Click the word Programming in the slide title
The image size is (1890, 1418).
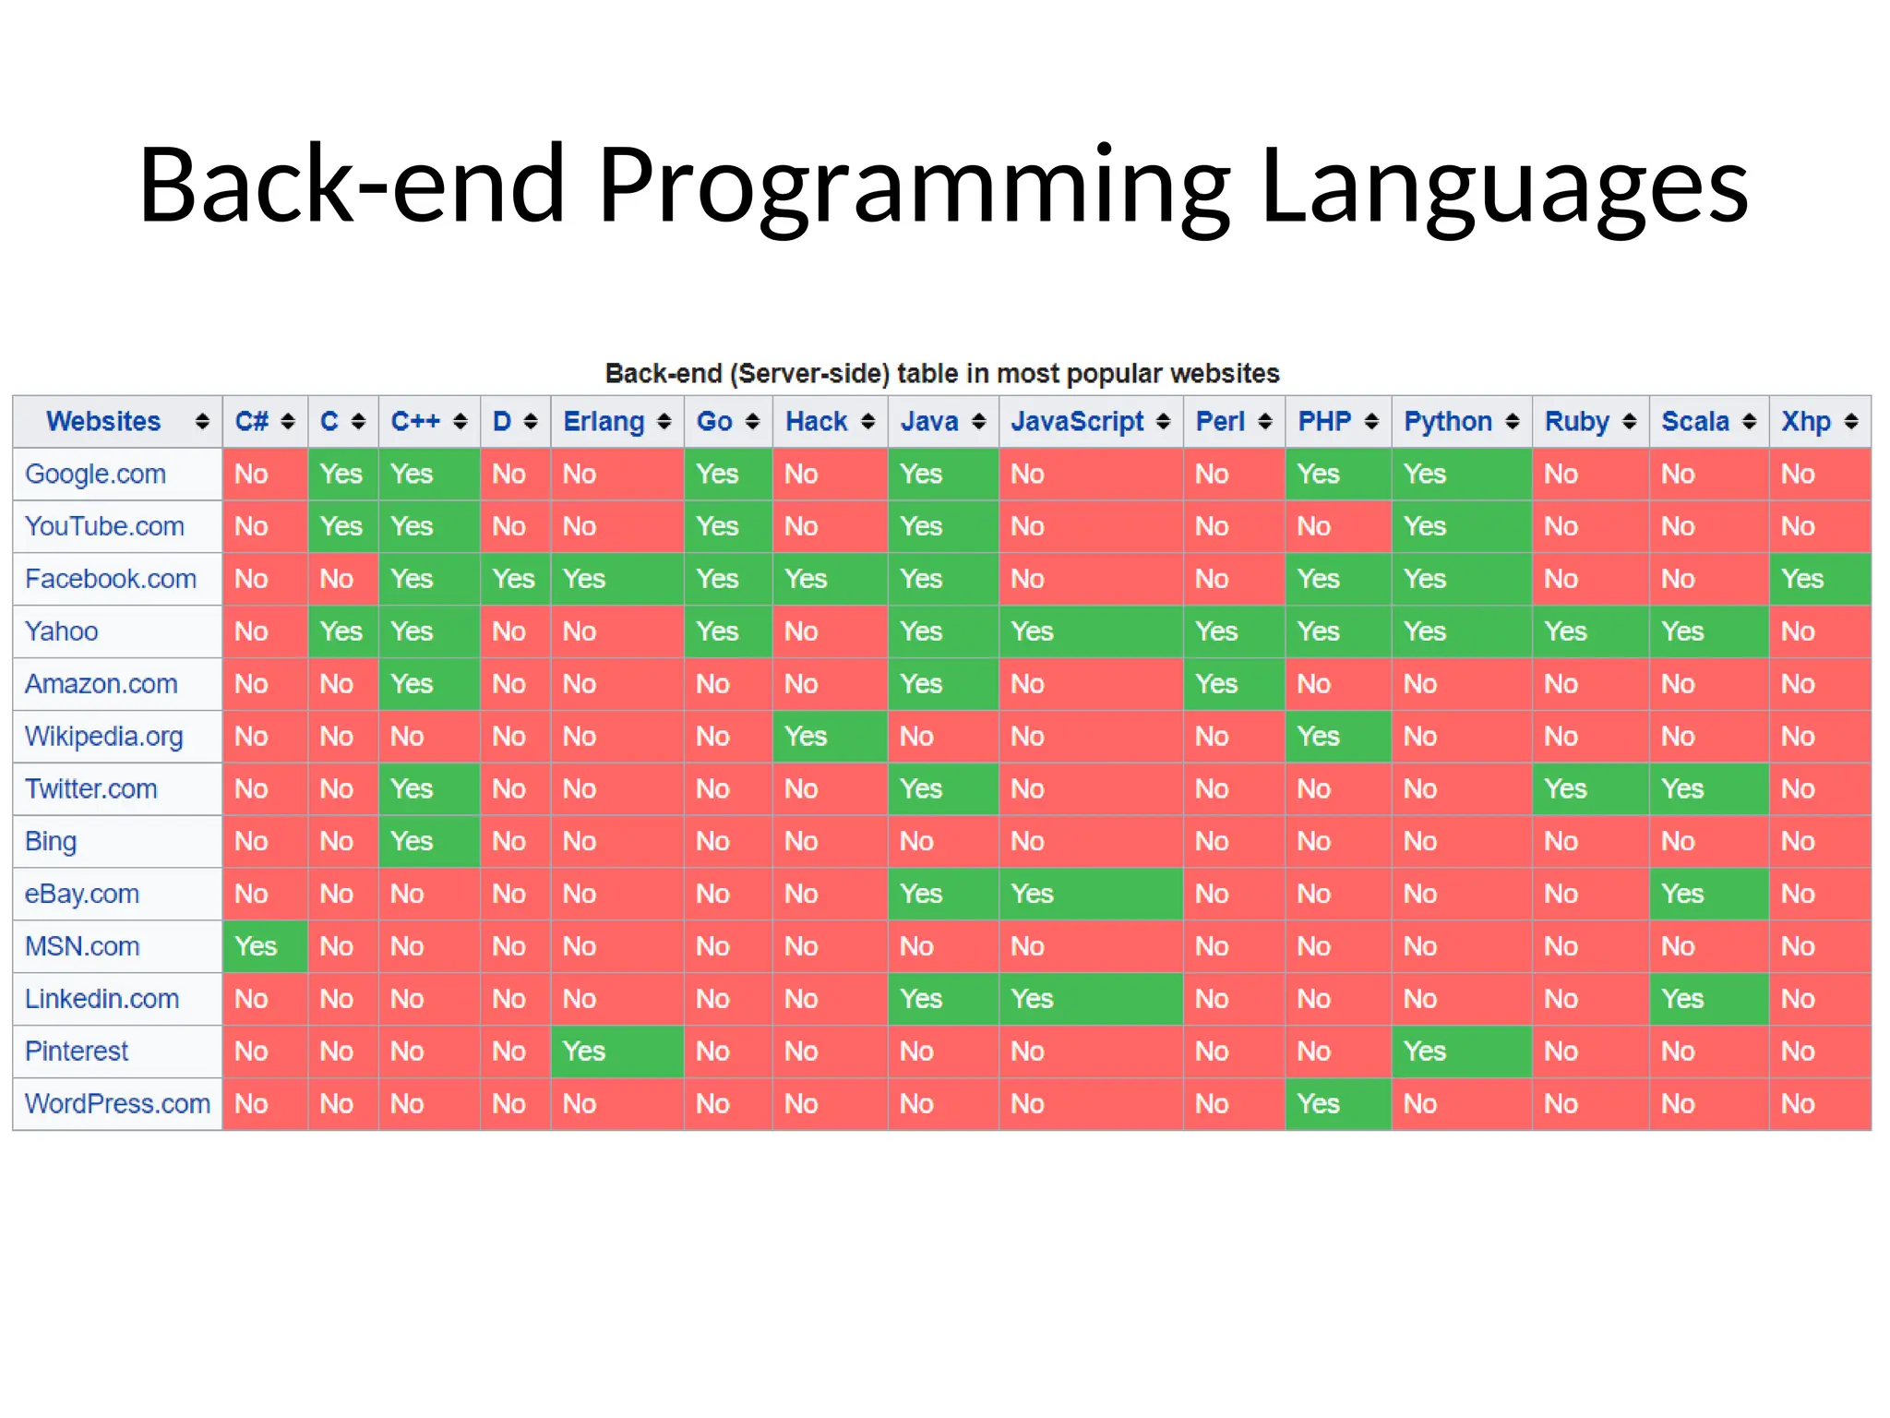pos(914,185)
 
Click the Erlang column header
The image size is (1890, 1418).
pos(604,422)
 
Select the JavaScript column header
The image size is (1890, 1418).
pos(1077,422)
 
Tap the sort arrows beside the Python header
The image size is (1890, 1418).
pos(1512,422)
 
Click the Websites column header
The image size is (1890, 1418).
pos(103,422)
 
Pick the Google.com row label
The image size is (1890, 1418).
pos(95,474)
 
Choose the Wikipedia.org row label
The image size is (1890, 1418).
pos(103,737)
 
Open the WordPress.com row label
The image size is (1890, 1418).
pos(117,1104)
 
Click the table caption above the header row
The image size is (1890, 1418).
pos(941,374)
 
